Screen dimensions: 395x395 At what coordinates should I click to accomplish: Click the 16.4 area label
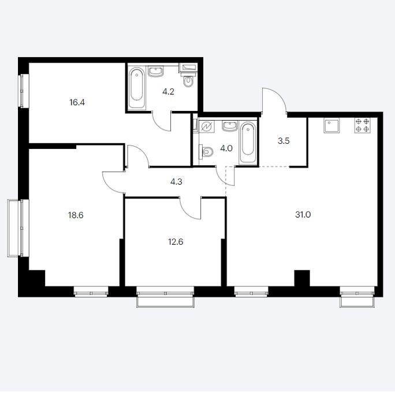click(x=77, y=103)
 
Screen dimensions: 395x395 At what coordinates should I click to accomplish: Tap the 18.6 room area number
click(x=76, y=215)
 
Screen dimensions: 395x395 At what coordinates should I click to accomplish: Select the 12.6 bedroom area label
click(x=176, y=242)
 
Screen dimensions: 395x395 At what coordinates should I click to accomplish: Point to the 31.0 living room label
click(x=303, y=215)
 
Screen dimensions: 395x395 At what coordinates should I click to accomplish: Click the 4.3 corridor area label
click(x=176, y=181)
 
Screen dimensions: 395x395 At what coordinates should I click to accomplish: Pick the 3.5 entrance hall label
click(x=284, y=141)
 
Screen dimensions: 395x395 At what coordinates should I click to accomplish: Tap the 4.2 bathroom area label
click(x=168, y=91)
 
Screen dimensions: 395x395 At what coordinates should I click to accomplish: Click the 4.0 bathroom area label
click(x=226, y=148)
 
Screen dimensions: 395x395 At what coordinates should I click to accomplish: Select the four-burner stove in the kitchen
click(x=363, y=125)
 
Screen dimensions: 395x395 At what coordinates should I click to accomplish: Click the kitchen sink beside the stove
click(x=331, y=125)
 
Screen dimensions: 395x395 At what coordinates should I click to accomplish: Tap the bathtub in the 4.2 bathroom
click(x=137, y=88)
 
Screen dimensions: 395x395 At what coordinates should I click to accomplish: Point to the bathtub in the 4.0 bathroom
click(x=248, y=143)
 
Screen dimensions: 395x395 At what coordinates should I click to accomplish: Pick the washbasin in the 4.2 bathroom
click(x=156, y=71)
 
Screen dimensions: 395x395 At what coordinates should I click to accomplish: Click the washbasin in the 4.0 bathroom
click(x=230, y=126)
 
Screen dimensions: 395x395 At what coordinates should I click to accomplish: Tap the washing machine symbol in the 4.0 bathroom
click(x=207, y=126)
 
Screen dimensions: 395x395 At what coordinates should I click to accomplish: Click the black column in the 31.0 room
click(x=302, y=278)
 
